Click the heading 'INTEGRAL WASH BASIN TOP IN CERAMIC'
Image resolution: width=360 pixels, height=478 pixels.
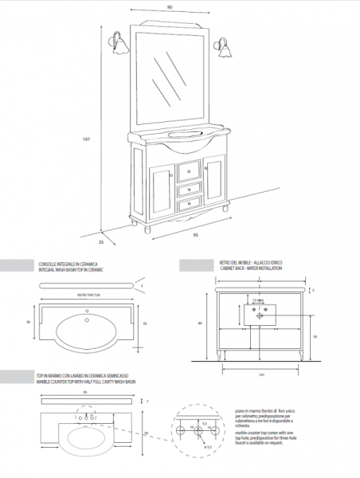pos(72,271)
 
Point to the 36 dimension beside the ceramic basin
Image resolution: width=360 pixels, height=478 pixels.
pos(29,322)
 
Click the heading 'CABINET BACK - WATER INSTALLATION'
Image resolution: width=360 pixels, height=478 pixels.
pos(252,271)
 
